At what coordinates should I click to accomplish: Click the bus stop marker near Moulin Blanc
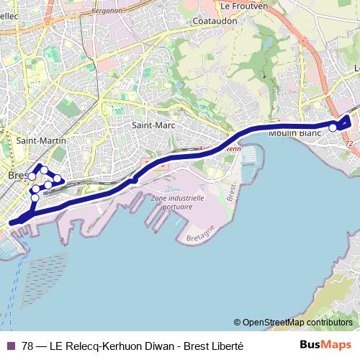click(x=333, y=127)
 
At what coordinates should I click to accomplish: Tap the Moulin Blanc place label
click(x=294, y=133)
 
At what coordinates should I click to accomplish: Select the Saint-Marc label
click(x=150, y=125)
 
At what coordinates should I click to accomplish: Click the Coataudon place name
click(x=215, y=21)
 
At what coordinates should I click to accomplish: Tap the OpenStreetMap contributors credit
click(x=293, y=323)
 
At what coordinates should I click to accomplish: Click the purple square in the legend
click(x=10, y=346)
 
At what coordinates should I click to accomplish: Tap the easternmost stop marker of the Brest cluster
click(x=57, y=178)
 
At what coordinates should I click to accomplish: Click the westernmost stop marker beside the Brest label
click(x=32, y=176)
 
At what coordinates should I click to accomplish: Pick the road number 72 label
click(x=349, y=144)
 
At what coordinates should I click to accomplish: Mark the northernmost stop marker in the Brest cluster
click(x=44, y=170)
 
